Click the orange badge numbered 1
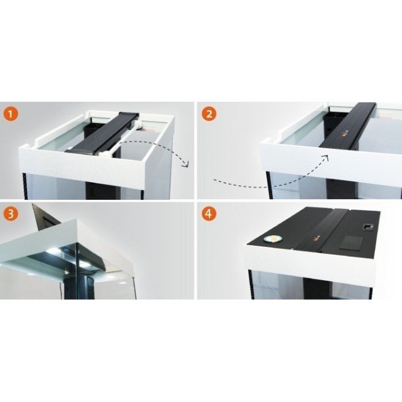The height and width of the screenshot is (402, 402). point(10,114)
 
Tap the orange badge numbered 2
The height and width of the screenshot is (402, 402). point(209,114)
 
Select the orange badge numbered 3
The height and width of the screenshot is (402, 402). point(10,213)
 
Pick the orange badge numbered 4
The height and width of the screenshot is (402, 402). point(209,213)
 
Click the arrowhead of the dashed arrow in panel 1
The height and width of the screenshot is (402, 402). point(186,164)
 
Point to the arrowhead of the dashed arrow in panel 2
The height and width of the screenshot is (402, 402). point(326,157)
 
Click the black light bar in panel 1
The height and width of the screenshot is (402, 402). point(102,134)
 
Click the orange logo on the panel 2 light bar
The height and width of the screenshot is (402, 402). point(346,132)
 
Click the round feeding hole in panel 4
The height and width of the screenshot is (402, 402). point(273,240)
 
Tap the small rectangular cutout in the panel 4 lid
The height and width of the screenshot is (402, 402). point(368,226)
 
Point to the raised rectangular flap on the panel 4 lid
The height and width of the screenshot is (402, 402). point(351,243)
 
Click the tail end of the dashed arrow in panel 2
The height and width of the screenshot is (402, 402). point(214,180)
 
